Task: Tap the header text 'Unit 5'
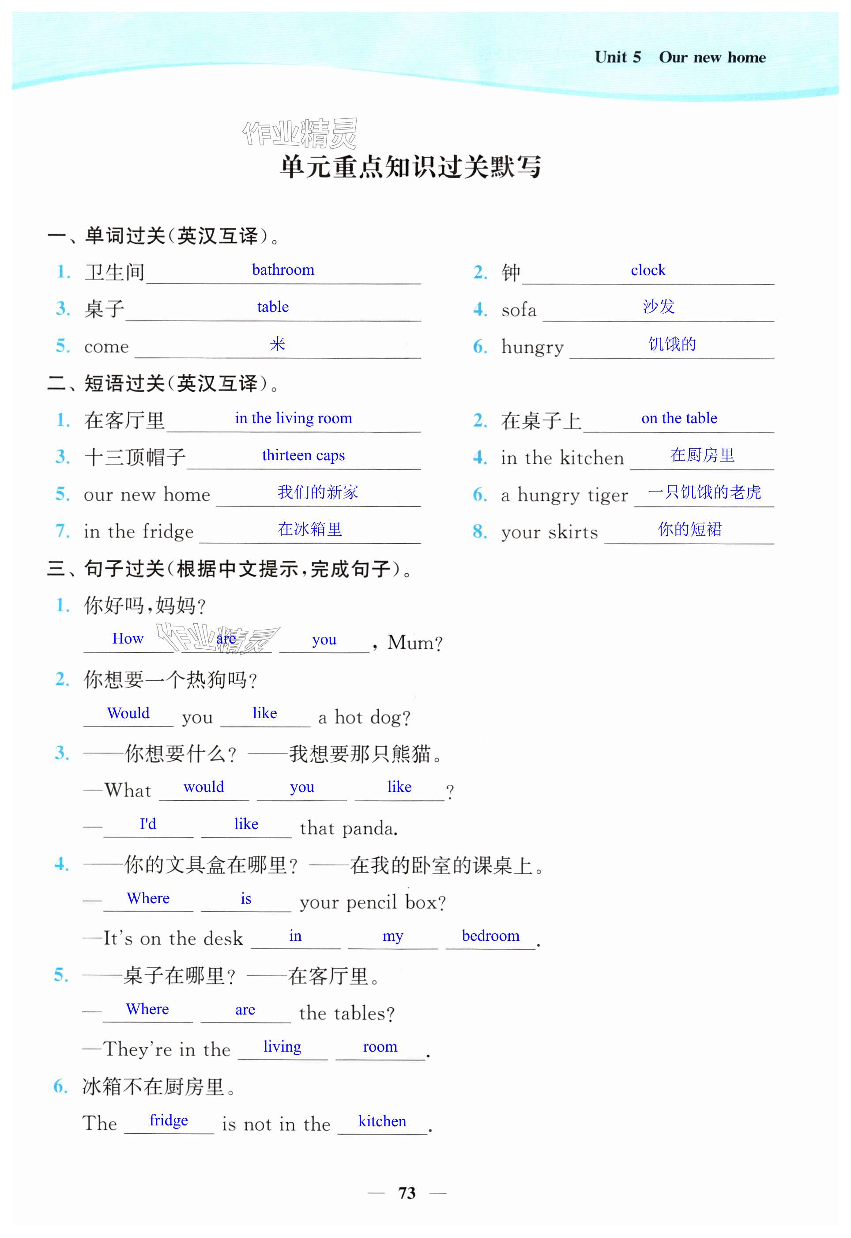point(618,57)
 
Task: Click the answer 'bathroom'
point(282,270)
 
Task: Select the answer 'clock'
point(648,270)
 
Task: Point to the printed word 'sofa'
point(518,310)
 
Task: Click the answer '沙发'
point(659,307)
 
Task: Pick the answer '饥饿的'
point(672,344)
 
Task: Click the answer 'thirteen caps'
point(303,455)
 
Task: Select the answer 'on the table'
point(679,418)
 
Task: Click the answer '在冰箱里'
point(309,529)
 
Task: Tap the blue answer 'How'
point(128,639)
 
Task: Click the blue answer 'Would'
point(128,713)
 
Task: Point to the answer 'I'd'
point(148,824)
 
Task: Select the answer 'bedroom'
point(490,935)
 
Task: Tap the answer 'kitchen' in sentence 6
point(382,1121)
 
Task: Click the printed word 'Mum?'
point(415,643)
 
